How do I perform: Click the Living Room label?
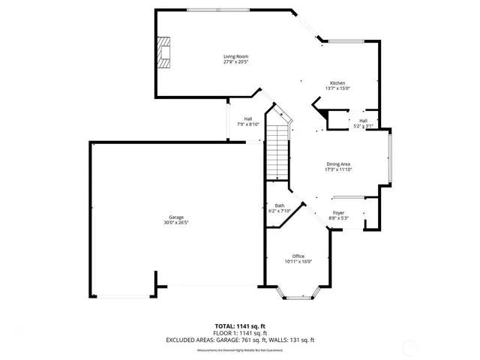point(235,56)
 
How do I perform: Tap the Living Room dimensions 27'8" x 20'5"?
point(235,61)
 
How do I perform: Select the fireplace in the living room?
point(163,52)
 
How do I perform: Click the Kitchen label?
point(338,82)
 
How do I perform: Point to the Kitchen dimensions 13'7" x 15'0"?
point(338,88)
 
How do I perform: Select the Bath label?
point(279,205)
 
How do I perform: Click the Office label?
point(298,256)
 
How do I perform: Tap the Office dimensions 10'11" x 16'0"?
point(298,261)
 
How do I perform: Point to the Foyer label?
point(339,213)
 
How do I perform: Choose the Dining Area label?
point(338,164)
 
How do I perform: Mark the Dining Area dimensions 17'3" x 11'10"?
point(338,169)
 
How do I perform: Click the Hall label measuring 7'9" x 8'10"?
point(247,118)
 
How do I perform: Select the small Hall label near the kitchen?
point(363,121)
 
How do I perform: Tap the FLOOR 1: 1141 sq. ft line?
point(240,333)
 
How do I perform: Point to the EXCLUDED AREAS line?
point(240,340)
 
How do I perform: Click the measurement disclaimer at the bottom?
point(240,350)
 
